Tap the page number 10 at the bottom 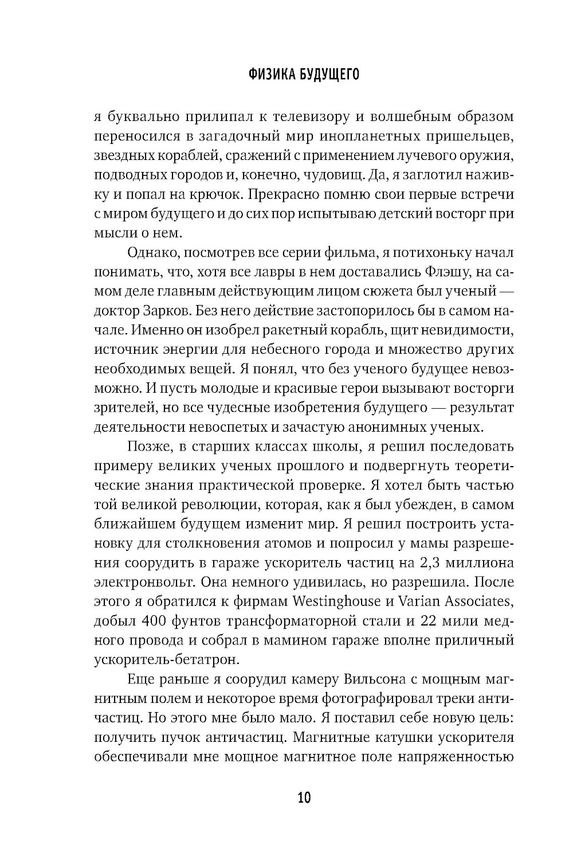[x=304, y=797]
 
